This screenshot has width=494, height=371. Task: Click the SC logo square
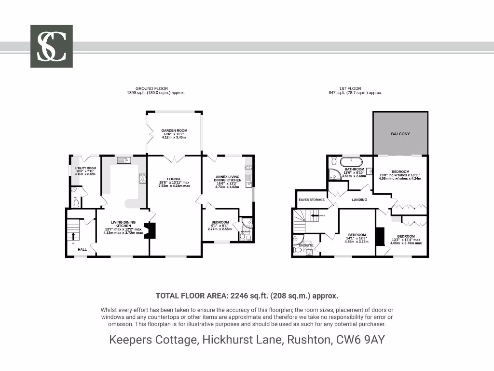pos(52,46)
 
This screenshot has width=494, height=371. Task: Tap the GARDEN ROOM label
pos(174,130)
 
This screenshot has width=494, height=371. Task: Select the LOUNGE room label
pos(174,179)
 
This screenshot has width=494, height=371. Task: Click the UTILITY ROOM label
pos(85,168)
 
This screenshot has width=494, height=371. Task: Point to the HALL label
pos(82,249)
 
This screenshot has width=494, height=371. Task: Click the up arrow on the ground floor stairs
pos(73,236)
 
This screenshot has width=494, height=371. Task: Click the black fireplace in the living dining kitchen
pos(152,230)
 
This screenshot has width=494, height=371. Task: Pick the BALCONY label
pos(400,134)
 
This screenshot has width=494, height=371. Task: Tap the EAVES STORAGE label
pos(311,200)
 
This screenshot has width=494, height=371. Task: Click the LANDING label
pos(359,200)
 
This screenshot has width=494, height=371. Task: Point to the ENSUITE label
pos(306,245)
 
